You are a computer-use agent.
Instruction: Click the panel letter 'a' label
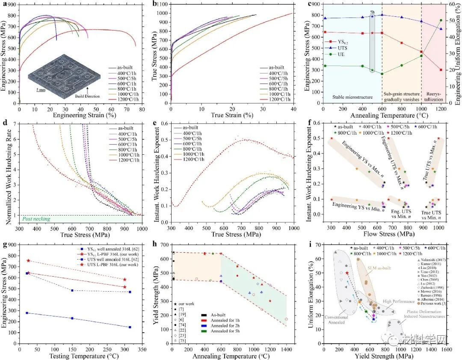click(x=4, y=3)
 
